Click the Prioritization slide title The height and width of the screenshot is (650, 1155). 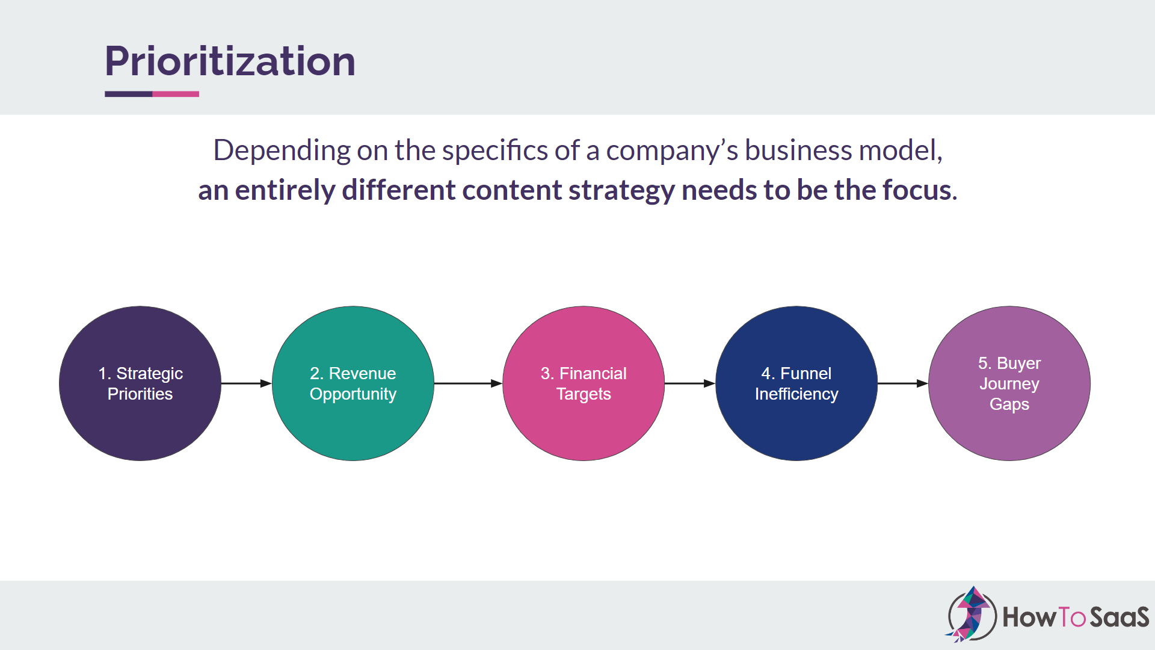(x=230, y=61)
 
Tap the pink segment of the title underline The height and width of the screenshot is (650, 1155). (x=176, y=94)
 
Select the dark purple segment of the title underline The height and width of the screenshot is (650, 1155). (x=128, y=94)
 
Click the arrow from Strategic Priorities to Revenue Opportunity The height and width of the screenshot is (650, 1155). (x=246, y=383)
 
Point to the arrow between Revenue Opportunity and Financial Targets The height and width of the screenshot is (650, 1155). (x=468, y=383)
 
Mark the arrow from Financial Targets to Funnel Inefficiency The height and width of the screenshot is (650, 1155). (x=690, y=383)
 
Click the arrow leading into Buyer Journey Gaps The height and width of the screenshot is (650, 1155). (x=902, y=383)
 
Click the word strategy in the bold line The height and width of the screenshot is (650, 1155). (x=621, y=191)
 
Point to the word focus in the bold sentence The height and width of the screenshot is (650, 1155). (x=919, y=190)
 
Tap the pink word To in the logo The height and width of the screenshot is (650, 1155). (x=1071, y=617)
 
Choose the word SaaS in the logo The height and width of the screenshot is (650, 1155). (x=1120, y=617)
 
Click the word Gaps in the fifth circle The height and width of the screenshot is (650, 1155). (x=1009, y=404)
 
